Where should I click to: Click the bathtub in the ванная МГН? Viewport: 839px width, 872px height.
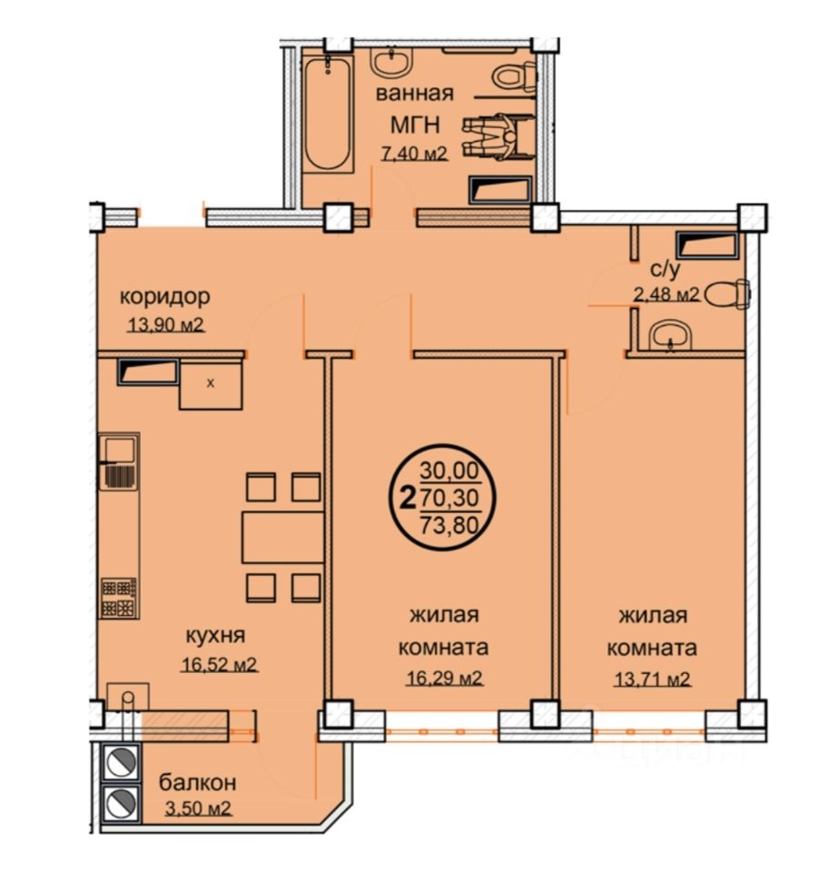(x=327, y=115)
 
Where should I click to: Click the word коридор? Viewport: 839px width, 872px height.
(x=167, y=296)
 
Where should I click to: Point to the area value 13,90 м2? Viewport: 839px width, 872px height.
(x=166, y=324)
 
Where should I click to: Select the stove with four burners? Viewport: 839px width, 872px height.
(x=120, y=598)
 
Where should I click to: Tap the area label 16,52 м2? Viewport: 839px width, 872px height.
(x=219, y=665)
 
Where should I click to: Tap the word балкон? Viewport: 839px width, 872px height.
(x=197, y=781)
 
